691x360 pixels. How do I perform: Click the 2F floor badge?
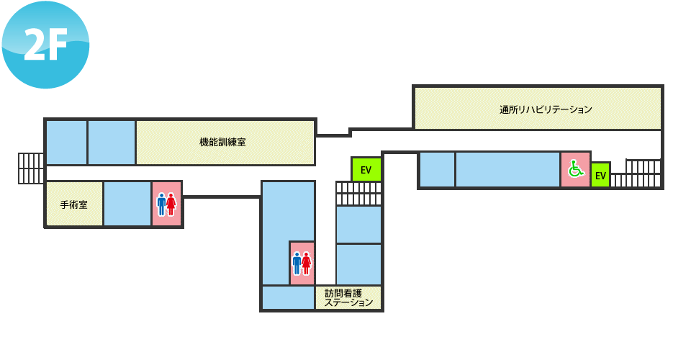coord(45,45)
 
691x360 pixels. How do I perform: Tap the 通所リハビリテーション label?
coord(546,109)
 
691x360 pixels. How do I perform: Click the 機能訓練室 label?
coord(222,143)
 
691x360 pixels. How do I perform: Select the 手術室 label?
coord(73,205)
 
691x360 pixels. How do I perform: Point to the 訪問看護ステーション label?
coord(348,298)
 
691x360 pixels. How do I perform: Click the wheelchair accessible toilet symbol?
coord(575,168)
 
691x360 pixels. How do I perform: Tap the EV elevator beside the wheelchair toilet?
coord(600,176)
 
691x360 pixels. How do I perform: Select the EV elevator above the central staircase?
coord(366,169)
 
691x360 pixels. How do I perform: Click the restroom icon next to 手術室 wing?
coord(166,204)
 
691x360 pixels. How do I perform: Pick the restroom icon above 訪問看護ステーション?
coord(302,263)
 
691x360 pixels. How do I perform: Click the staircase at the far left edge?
coord(31,168)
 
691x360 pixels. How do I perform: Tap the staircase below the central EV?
coord(358,194)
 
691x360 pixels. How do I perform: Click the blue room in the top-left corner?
coord(66,143)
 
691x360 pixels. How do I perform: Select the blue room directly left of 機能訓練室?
coord(112,143)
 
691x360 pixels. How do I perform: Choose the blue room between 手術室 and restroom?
coord(127,204)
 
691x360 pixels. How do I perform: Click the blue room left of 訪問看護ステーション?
coord(288,298)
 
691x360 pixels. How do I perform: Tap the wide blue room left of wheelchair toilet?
coord(507,170)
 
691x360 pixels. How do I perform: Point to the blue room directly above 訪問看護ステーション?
coord(358,264)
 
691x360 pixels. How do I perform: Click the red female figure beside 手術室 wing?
coord(171,204)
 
